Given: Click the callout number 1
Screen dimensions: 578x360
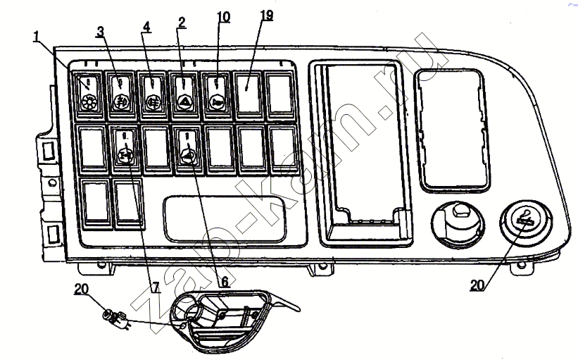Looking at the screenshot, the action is [36, 37].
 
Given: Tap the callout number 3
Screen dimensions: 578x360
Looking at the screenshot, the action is [100, 32].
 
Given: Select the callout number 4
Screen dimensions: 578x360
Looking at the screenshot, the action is [146, 27].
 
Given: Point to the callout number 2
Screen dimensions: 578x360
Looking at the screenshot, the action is [181, 23].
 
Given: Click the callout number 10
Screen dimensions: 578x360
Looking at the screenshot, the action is [223, 17].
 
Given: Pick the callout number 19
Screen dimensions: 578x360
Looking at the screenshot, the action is [267, 15].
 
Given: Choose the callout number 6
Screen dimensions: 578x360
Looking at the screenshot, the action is [224, 282].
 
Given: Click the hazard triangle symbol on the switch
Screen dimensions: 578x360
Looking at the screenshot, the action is [184, 102].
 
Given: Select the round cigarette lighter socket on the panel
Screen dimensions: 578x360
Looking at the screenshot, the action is [526, 223].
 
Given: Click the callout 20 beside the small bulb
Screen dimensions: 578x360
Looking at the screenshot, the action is [81, 289].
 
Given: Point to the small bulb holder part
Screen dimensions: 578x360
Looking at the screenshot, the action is [115, 318].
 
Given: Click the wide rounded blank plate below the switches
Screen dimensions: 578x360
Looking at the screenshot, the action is [225, 219].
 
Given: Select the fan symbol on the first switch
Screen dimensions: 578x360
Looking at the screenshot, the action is [89, 103].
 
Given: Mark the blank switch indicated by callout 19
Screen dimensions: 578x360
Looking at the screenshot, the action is [249, 95].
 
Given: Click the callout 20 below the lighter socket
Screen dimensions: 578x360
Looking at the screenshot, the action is [477, 285].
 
